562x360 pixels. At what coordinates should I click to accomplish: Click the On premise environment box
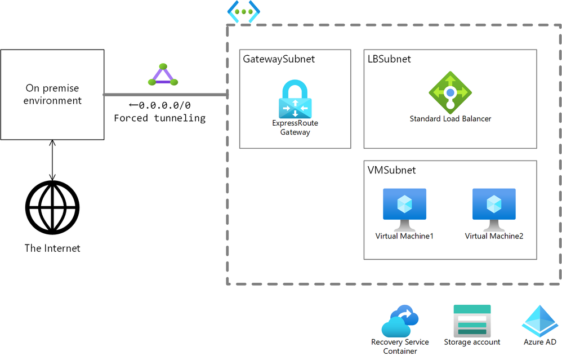coord(52,94)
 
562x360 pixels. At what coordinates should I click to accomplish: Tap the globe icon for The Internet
coord(52,208)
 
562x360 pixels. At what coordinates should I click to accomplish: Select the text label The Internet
coord(52,248)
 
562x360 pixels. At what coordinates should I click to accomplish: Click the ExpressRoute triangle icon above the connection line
coord(163,75)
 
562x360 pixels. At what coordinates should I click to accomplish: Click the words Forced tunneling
coord(159,118)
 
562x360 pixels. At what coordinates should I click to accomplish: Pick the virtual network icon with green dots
coord(243,12)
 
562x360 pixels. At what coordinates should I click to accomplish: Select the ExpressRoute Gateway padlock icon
coord(295,99)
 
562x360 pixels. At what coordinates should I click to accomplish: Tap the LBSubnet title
coord(389,59)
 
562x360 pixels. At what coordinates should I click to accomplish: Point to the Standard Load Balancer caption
coord(450,119)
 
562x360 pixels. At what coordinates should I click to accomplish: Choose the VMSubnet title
coord(391,170)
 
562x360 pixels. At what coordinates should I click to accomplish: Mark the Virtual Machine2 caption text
coord(494,236)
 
